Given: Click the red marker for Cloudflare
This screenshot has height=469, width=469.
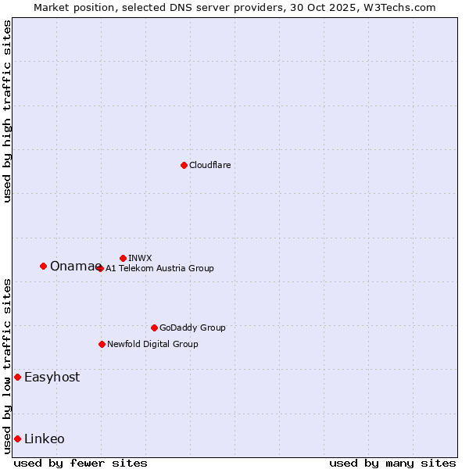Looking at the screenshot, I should (184, 165).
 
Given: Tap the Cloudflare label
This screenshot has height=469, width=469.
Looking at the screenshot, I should (210, 165).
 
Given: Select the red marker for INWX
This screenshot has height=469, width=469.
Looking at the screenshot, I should (123, 258).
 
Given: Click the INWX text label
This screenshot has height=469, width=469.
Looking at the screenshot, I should (140, 258).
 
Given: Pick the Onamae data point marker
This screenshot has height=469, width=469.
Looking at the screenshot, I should (43, 266).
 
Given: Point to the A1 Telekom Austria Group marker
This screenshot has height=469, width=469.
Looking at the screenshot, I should (100, 268).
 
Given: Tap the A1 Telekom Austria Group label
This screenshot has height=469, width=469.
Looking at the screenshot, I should (159, 268).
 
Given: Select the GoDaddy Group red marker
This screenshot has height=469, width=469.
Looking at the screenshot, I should (154, 328).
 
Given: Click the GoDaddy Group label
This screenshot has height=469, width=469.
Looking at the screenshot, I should (192, 328).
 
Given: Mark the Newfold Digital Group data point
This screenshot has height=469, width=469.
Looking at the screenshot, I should (102, 344).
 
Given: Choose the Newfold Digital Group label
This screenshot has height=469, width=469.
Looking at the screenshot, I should (152, 344).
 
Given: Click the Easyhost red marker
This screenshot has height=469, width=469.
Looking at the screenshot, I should (17, 377).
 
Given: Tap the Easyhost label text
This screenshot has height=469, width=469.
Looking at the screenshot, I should (52, 377).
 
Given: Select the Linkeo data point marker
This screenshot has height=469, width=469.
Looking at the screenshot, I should (17, 439).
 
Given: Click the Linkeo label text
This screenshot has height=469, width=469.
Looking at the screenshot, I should (45, 439).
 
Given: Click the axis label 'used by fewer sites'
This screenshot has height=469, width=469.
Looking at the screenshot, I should (81, 463).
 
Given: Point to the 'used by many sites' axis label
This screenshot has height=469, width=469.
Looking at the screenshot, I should (392, 463).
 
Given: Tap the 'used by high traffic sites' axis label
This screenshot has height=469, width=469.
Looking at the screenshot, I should (7, 111).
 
